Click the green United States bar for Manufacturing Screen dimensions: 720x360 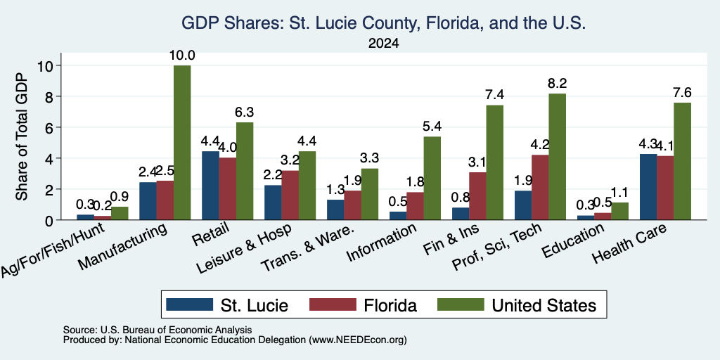[x=182, y=142]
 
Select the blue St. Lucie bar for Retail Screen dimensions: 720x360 [x=210, y=186]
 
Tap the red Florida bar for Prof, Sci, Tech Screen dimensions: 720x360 [x=540, y=187]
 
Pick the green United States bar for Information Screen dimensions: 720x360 [x=432, y=178]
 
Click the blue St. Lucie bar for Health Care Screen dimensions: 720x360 [x=648, y=187]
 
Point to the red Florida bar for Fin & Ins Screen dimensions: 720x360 [x=477, y=196]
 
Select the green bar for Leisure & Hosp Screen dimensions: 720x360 [x=307, y=186]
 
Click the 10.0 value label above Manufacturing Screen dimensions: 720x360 [x=182, y=56]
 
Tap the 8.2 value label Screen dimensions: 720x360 [x=557, y=84]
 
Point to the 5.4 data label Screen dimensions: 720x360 [x=432, y=127]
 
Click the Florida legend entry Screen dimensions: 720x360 [x=364, y=305]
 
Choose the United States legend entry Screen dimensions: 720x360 [x=517, y=305]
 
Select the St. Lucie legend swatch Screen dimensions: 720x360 [x=190, y=304]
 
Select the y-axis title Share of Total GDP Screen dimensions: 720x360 [x=22, y=136]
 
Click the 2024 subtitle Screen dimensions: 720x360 [x=383, y=44]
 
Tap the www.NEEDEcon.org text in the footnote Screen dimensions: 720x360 [x=358, y=340]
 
